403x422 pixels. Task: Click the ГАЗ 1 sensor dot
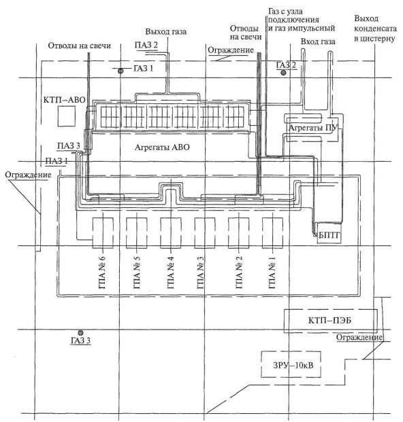click(120, 71)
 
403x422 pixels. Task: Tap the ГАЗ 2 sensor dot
click(283, 73)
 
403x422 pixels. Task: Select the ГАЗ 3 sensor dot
click(80, 333)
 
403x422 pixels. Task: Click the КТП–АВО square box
click(66, 116)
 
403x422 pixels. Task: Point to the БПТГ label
click(329, 236)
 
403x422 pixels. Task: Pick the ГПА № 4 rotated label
click(171, 272)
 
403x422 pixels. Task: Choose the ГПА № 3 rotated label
click(200, 272)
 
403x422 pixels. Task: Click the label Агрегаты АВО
click(162, 147)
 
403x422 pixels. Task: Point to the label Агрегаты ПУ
click(312, 128)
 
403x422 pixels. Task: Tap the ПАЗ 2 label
click(146, 45)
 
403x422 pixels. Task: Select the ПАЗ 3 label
click(69, 145)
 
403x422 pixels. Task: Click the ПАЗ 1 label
click(57, 161)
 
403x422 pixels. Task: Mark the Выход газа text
click(166, 31)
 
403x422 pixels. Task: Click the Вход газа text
click(318, 41)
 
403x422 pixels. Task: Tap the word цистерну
click(374, 39)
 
